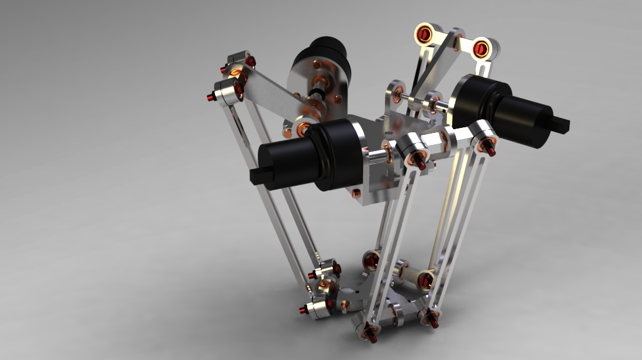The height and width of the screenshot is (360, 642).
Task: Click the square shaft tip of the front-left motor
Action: click(x=256, y=176)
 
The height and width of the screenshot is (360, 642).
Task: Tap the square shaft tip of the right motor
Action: click(x=560, y=124)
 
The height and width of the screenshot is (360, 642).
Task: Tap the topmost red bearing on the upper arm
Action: click(x=425, y=33)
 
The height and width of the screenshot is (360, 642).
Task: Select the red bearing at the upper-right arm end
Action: click(x=481, y=48)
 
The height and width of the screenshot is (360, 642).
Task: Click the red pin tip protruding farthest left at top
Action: click(x=210, y=97)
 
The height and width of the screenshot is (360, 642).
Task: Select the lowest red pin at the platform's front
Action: click(x=372, y=338)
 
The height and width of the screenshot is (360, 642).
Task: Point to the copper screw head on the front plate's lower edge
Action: click(x=357, y=193)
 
